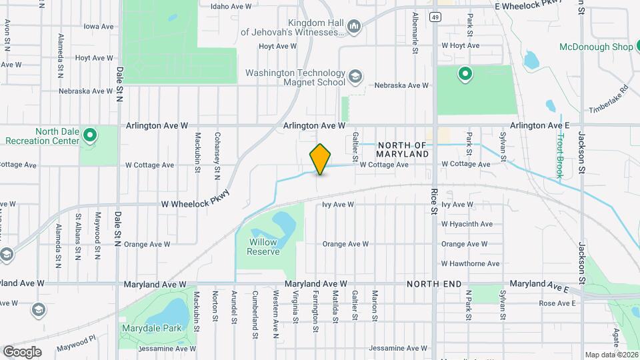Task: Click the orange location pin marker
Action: pyautogui.click(x=320, y=159)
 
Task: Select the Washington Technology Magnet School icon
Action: pyautogui.click(x=355, y=76)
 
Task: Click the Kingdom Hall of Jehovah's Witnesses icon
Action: pyautogui.click(x=354, y=27)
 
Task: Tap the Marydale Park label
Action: pyautogui.click(x=143, y=328)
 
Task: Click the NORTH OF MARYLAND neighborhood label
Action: pyautogui.click(x=403, y=149)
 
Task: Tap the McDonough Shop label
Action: pyautogui.click(x=595, y=47)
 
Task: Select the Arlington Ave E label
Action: pyautogui.click(x=540, y=125)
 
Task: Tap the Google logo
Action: pyautogui.click(x=21, y=352)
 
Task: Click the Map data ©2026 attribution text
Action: pyautogui.click(x=611, y=355)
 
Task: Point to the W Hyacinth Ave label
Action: pyautogui.click(x=467, y=224)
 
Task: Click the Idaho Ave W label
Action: pyautogui.click(x=231, y=6)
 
